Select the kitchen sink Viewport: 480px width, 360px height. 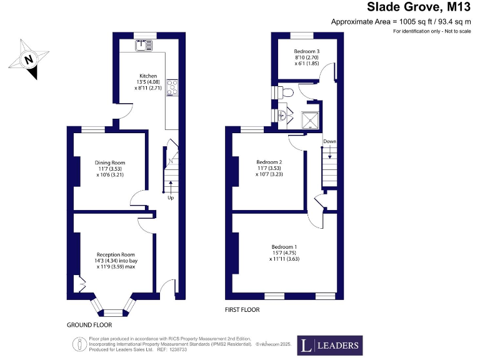[x=143, y=44]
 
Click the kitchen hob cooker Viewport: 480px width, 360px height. [x=171, y=87]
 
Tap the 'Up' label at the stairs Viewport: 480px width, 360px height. [x=170, y=198]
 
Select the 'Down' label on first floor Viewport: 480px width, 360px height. [x=329, y=142]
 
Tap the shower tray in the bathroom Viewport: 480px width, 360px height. [x=311, y=119]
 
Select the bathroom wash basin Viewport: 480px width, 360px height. [x=282, y=115]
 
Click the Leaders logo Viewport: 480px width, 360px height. [x=329, y=345]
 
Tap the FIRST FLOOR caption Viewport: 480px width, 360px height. [x=242, y=309]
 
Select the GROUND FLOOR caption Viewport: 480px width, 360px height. [x=89, y=325]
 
